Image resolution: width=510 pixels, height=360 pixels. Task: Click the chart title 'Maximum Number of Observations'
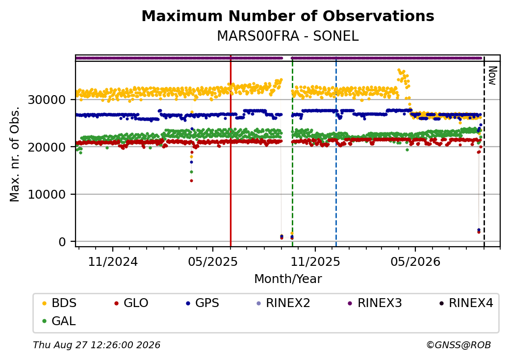(x=288, y=16)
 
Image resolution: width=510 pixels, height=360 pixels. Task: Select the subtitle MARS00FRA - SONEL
(x=288, y=36)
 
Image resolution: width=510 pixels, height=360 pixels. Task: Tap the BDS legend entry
(x=59, y=303)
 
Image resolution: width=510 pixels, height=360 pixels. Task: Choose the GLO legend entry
(x=131, y=303)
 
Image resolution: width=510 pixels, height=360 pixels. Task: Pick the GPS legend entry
(x=203, y=303)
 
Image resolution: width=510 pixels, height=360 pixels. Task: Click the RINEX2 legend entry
(x=283, y=303)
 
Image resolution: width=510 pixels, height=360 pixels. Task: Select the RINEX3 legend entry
(x=375, y=303)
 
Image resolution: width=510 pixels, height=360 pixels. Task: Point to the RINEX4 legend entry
(x=466, y=303)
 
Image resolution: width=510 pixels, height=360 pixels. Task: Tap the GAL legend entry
(x=59, y=321)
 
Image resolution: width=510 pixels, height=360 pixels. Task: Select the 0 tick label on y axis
(x=62, y=242)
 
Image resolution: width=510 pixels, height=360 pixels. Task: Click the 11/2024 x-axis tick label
(x=113, y=262)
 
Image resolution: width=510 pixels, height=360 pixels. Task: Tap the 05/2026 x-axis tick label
(x=415, y=262)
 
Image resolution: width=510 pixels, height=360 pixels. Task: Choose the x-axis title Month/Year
(x=288, y=279)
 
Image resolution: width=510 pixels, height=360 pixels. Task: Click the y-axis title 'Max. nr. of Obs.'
(x=15, y=154)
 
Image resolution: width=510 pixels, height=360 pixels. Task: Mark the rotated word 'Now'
(x=492, y=76)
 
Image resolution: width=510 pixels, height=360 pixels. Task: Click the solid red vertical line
(x=230, y=151)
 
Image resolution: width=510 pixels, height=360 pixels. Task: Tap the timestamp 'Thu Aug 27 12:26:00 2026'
(x=97, y=345)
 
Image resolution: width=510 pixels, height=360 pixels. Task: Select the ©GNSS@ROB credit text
(x=459, y=345)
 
